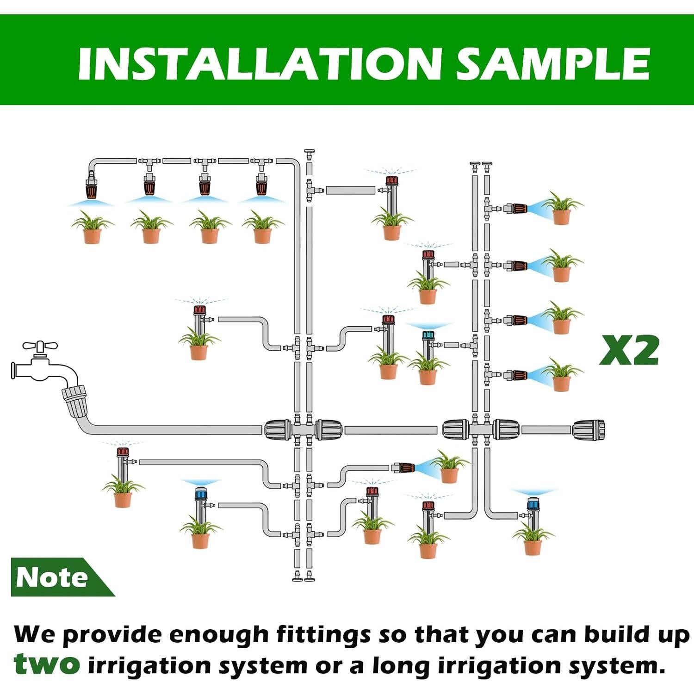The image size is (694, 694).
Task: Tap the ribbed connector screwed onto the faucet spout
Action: point(74,397)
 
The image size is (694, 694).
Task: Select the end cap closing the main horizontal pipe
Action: point(589,430)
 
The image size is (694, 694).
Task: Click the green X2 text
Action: point(629,350)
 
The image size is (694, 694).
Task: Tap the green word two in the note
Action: point(46,664)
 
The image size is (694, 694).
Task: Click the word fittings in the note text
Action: point(323,634)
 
